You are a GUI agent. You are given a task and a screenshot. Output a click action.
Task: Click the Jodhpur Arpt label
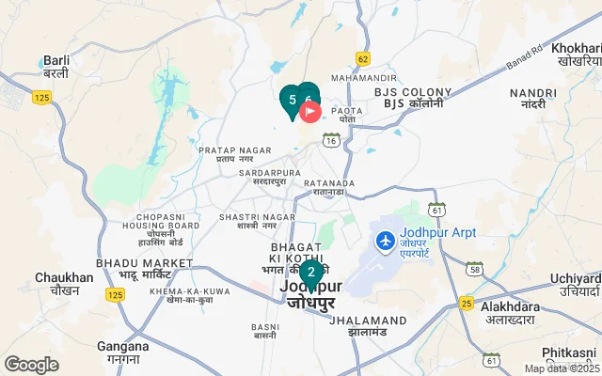(437, 232)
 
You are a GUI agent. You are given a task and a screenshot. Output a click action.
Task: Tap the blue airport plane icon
(384, 241)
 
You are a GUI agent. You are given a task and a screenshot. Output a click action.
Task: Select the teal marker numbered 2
(311, 274)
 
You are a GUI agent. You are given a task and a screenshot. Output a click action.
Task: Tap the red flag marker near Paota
(310, 112)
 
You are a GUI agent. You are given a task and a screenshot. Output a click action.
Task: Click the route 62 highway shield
(363, 58)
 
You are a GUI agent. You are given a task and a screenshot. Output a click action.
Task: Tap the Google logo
(32, 364)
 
